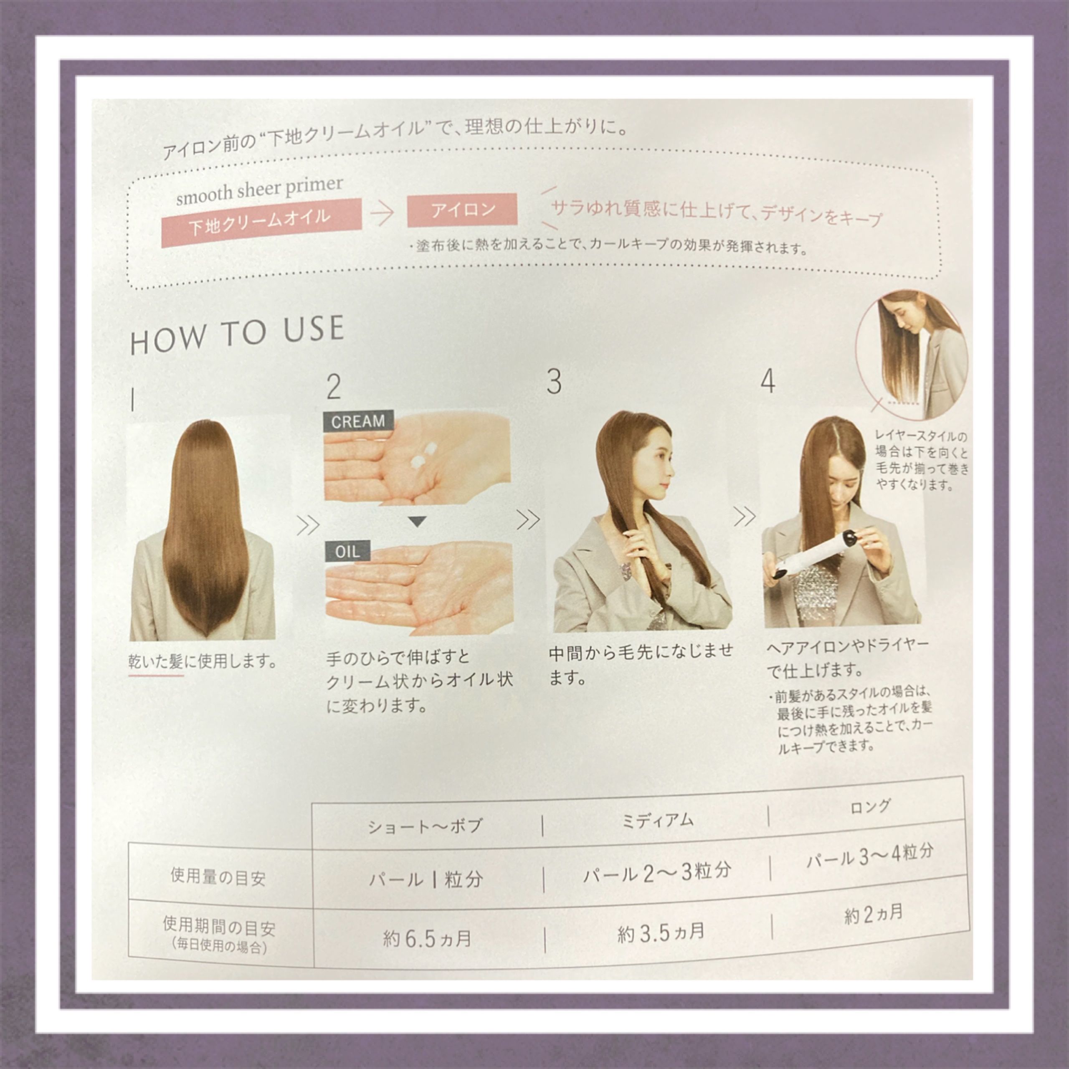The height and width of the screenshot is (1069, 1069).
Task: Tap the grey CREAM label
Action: coord(358,421)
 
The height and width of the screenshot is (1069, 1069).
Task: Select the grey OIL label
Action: coord(347,552)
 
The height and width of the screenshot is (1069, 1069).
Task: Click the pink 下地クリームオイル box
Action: coord(261,223)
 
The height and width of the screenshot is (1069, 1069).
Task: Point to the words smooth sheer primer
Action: coord(259,190)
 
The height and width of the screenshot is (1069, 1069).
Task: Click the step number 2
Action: coord(334,387)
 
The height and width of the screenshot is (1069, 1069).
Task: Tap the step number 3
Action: coord(554,382)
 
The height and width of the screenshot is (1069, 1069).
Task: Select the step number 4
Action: coord(768,381)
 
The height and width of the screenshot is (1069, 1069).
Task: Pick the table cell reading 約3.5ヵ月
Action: coord(661,933)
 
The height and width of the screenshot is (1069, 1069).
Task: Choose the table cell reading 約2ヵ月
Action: coord(874,914)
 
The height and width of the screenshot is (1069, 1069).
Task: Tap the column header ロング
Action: coord(870,807)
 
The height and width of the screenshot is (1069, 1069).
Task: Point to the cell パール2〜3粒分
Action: coord(657,873)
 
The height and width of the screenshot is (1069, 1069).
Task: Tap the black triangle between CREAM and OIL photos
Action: coord(418,521)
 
